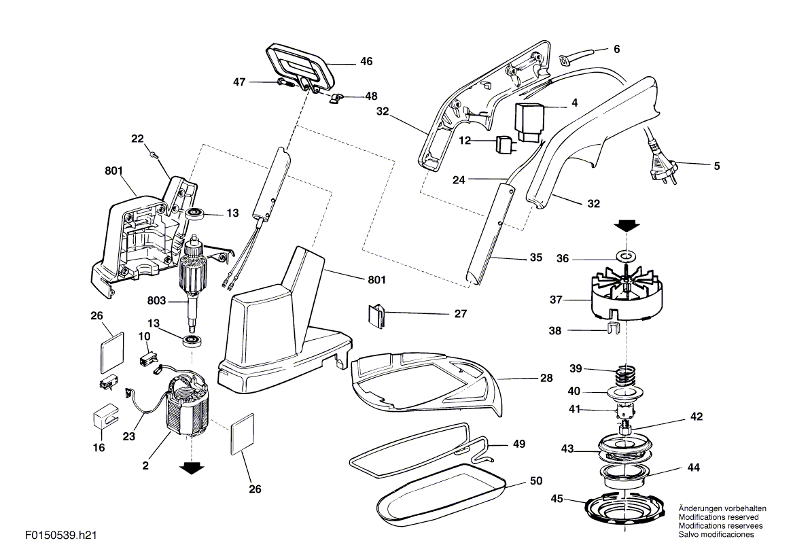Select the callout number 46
[366, 61]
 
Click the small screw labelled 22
[154, 156]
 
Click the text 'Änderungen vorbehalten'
[722, 508]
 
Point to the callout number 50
[536, 480]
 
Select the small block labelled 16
[103, 415]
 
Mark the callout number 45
[557, 498]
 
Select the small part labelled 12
[506, 143]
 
